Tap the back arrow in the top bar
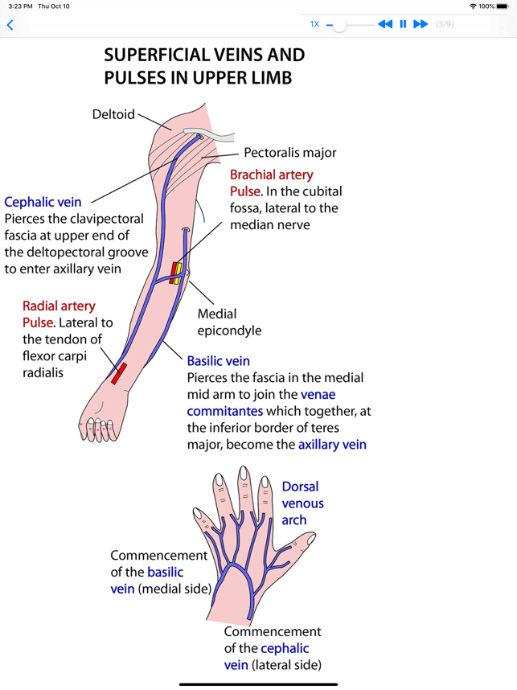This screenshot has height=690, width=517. point(10,25)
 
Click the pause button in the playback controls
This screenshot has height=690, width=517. point(403,24)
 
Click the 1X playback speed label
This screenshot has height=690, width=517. point(314,24)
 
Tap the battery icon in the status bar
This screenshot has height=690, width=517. point(503,6)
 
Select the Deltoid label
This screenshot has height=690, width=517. point(113,114)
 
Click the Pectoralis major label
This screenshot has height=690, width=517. point(289,152)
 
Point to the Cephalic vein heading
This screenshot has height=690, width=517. point(43,202)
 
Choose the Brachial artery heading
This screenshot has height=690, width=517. point(272,175)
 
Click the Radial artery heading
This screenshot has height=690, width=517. point(59,306)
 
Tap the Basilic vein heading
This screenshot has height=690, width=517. point(218,361)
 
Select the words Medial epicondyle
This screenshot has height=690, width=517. point(229,322)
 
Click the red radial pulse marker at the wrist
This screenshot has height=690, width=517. point(119,373)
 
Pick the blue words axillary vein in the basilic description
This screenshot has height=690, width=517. point(332,444)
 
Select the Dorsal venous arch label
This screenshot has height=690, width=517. point(302,503)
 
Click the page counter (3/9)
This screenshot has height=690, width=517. point(445,24)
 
